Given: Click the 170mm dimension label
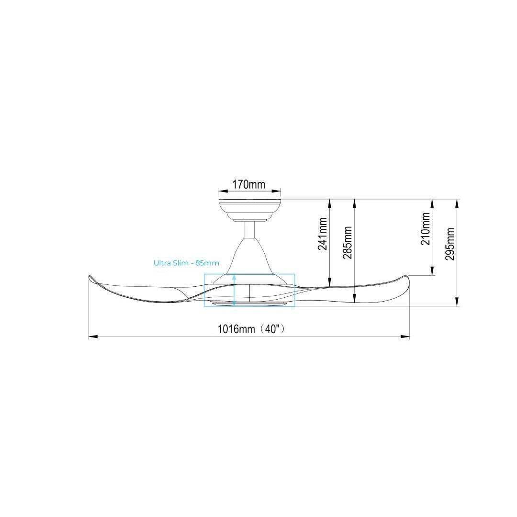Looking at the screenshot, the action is (x=249, y=185).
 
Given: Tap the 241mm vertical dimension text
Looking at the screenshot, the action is (x=323, y=234).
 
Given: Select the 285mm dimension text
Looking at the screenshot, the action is (x=348, y=242).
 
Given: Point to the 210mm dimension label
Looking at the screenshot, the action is (x=426, y=228).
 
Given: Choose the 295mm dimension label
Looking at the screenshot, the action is (x=450, y=244).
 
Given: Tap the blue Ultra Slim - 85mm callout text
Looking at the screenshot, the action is (x=186, y=263).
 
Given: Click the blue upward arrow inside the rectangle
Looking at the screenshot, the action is (x=234, y=290).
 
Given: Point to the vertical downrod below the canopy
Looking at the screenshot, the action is (x=249, y=229).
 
